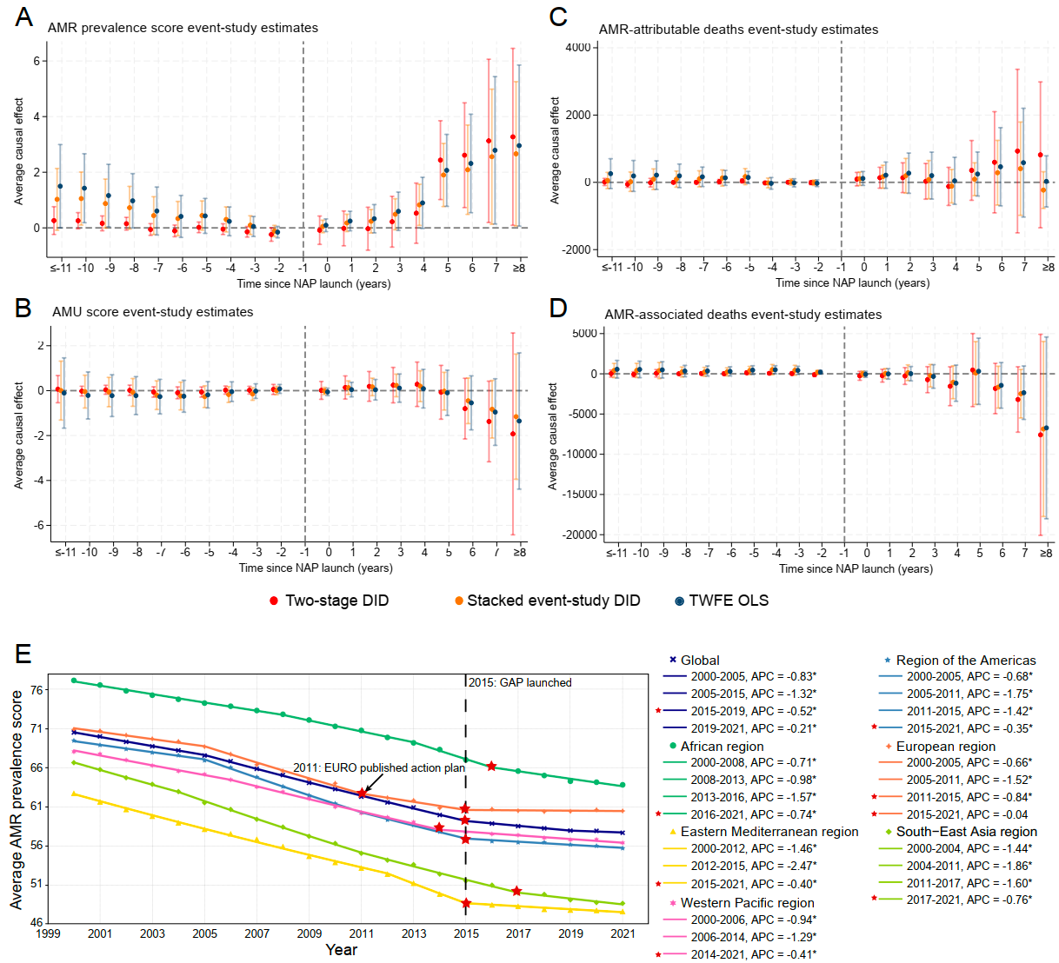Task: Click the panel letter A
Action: pos(24,17)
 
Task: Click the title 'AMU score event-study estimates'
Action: pos(153,312)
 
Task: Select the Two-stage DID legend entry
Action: pos(336,601)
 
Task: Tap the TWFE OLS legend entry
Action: pos(729,601)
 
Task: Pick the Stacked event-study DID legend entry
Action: pos(553,601)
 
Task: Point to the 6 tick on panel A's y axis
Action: pos(37,61)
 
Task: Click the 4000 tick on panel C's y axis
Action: pos(578,47)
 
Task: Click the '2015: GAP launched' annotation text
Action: pos(520,682)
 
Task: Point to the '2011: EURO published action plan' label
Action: pos(379,767)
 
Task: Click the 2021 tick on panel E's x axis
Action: pos(623,933)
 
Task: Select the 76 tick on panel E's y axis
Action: pos(37,690)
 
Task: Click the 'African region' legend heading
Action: pos(722,746)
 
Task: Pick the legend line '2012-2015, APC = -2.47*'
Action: pos(753,866)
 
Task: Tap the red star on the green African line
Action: pos(492,766)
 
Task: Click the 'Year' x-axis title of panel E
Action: pos(341,950)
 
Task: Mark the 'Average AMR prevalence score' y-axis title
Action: pos(17,800)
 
